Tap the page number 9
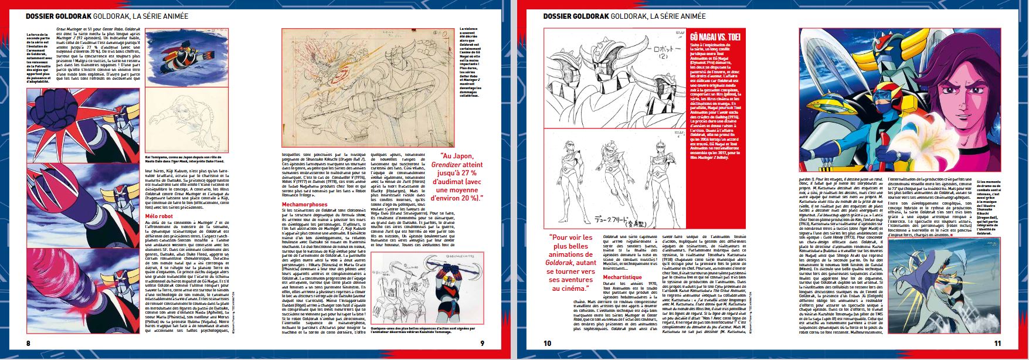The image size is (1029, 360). point(482,342)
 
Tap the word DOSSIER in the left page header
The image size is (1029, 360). point(47,16)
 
